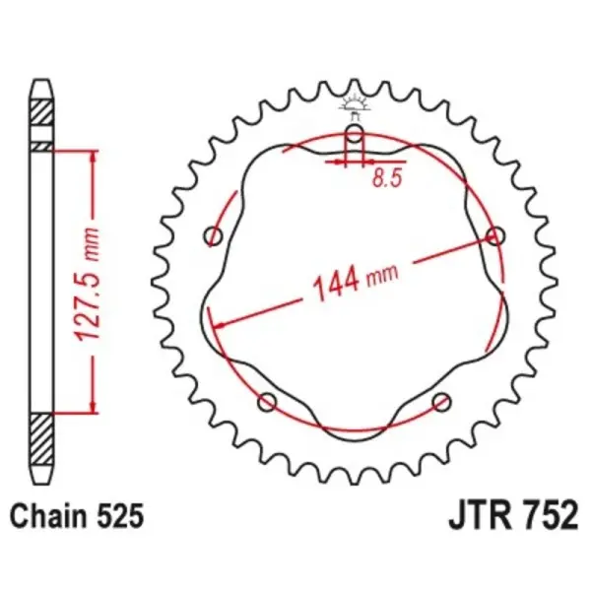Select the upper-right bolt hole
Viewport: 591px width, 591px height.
(x=495, y=235)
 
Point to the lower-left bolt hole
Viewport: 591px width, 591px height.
(x=266, y=401)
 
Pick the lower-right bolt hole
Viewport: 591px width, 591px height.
(x=442, y=401)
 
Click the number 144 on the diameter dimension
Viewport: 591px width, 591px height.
(x=335, y=286)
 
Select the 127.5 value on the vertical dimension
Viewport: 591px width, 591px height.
(x=91, y=313)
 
